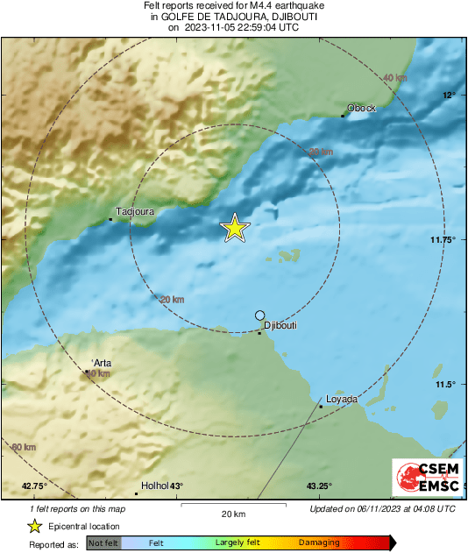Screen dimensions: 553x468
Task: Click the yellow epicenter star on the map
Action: coord(235,228)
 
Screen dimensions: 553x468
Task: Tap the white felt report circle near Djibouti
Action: coord(259,315)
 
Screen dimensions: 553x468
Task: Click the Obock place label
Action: coord(361,108)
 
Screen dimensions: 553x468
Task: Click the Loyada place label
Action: coord(342,400)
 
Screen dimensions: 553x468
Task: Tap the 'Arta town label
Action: coord(103,364)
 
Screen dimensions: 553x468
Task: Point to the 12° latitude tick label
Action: coord(449,95)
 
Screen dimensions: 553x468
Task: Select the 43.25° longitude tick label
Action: coord(319,486)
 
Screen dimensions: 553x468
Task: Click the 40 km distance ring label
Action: coord(395,79)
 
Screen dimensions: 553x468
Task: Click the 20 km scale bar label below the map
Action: coord(233,513)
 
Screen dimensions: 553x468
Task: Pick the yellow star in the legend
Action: coord(34,527)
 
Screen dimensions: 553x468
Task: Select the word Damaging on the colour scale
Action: coord(319,542)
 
